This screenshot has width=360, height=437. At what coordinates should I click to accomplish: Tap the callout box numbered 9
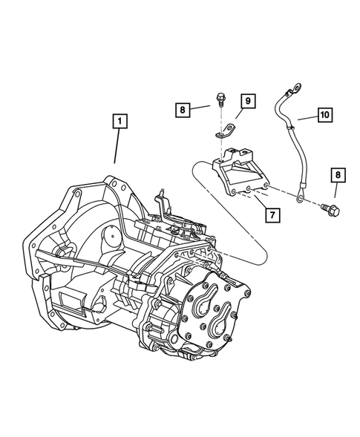[247, 100]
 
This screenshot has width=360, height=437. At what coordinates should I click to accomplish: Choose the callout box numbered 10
[325, 115]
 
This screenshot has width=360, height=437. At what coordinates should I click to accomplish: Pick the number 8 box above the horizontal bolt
[338, 174]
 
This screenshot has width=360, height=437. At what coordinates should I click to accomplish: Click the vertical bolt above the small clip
[221, 98]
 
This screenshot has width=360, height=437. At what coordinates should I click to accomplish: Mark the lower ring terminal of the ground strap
[298, 199]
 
